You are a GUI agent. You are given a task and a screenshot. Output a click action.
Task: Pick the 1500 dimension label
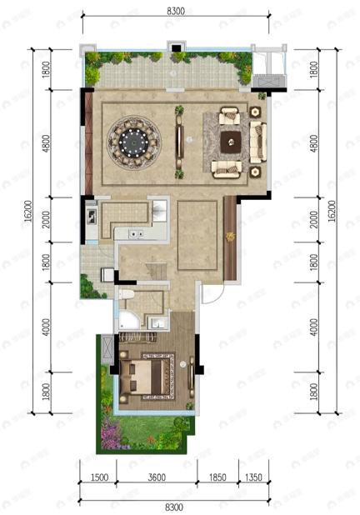point(98,477)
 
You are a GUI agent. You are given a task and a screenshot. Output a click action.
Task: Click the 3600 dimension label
point(157,477)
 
